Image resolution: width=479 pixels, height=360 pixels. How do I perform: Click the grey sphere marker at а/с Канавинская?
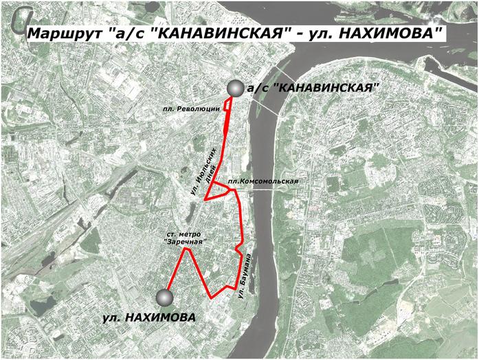pos(236,89)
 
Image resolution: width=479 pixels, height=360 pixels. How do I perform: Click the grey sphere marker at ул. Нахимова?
pos(164,297)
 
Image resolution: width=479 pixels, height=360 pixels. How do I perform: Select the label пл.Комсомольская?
pos(264,181)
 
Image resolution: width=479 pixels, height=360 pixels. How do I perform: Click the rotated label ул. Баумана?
pos(243,275)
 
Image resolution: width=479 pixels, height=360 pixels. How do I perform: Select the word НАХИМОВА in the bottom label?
pos(163,317)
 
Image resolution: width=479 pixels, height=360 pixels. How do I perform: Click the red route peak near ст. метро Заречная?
pos(184,249)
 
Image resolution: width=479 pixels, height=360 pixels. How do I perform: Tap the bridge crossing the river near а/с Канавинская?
pos(268,104)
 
